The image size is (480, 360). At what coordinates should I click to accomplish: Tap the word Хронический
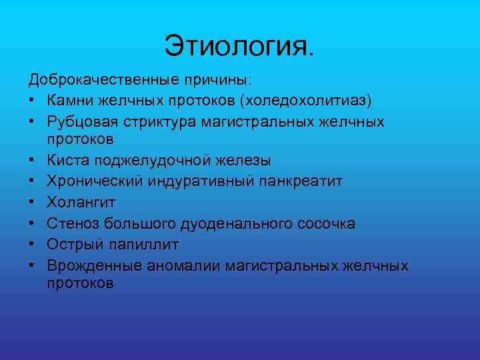(91, 181)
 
